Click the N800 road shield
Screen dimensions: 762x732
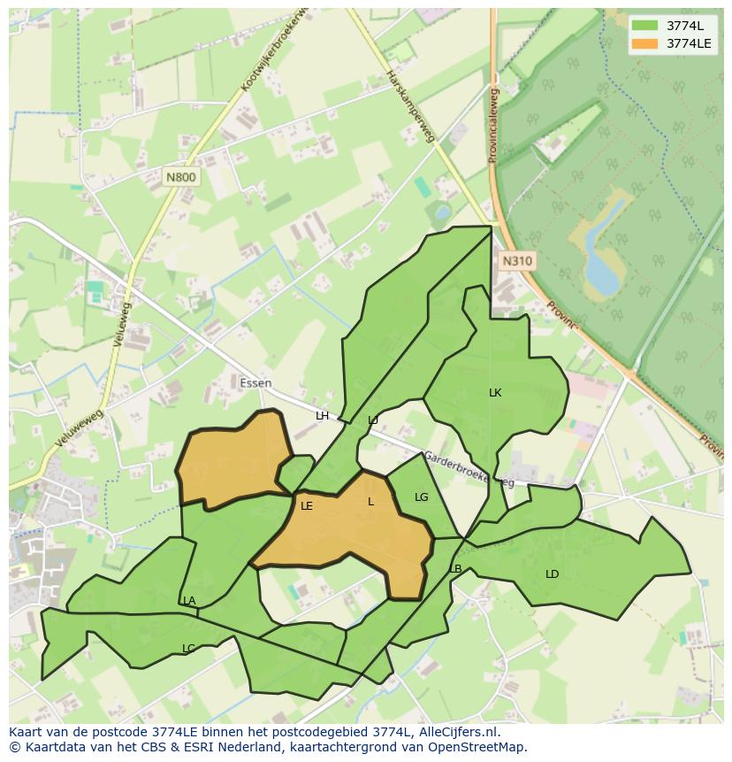(x=181, y=177)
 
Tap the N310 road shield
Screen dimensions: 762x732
(x=517, y=260)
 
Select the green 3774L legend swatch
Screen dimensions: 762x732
(x=645, y=26)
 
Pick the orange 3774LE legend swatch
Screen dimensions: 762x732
(x=645, y=43)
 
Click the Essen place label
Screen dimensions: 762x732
(x=255, y=383)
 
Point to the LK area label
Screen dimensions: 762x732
(x=495, y=392)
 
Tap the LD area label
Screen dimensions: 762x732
(x=552, y=574)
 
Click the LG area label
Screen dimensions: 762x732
(x=421, y=497)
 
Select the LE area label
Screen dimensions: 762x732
(x=307, y=506)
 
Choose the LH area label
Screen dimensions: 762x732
(x=322, y=416)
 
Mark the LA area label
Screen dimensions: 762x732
(x=189, y=601)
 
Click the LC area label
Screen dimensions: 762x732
(x=187, y=649)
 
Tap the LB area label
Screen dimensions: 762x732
(x=455, y=569)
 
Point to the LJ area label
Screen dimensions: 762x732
(x=373, y=420)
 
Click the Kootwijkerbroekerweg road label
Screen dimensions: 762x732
(x=276, y=51)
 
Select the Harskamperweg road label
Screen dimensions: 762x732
(x=411, y=106)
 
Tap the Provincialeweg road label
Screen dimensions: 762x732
(x=493, y=124)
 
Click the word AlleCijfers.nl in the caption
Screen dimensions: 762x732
(x=457, y=732)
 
